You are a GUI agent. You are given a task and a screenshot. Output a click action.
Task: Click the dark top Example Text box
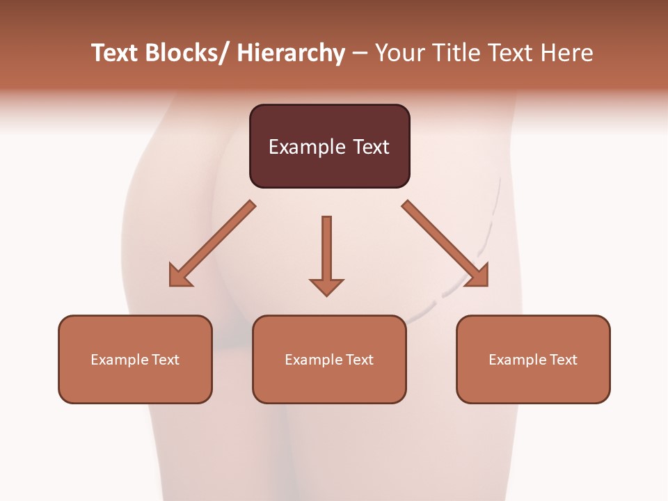(x=329, y=146)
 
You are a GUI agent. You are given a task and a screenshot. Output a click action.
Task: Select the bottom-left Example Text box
(x=135, y=359)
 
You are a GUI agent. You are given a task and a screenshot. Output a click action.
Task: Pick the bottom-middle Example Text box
(x=329, y=359)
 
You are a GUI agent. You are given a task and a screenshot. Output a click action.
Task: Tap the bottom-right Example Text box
(x=533, y=359)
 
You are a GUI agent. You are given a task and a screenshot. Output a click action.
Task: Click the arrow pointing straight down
(x=326, y=255)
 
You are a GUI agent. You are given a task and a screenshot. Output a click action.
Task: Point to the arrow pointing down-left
(x=212, y=244)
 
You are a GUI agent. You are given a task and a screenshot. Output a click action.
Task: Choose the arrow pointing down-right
(x=445, y=244)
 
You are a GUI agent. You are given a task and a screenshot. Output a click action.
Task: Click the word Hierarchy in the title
(x=291, y=53)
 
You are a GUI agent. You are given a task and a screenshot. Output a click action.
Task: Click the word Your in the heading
(x=399, y=53)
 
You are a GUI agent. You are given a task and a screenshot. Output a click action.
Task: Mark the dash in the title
(x=360, y=53)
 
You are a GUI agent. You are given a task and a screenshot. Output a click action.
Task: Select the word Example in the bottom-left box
(x=120, y=360)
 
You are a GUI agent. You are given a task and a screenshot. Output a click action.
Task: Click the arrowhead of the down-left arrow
(x=180, y=276)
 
